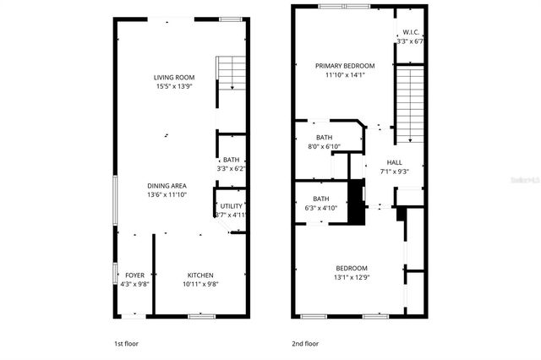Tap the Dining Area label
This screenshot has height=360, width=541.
click(166, 186)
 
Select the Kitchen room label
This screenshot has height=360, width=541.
click(200, 275)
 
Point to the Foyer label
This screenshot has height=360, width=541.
click(134, 275)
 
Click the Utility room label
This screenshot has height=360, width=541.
click(232, 206)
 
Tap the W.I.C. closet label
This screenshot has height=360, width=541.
click(412, 32)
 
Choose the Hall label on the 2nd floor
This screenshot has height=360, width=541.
click(394, 162)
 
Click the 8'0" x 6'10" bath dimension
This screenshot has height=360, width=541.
click(323, 147)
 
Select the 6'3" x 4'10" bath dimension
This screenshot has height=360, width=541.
click(320, 208)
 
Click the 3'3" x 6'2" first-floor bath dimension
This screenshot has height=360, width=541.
click(231, 169)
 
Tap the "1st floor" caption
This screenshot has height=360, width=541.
click(126, 344)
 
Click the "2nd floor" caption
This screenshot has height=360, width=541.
click(304, 344)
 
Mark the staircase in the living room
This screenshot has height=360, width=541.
click(231, 72)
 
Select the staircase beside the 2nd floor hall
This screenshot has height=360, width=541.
click(409, 105)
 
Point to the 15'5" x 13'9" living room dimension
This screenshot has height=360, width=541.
click(174, 86)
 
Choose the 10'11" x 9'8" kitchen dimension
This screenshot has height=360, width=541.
click(200, 284)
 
